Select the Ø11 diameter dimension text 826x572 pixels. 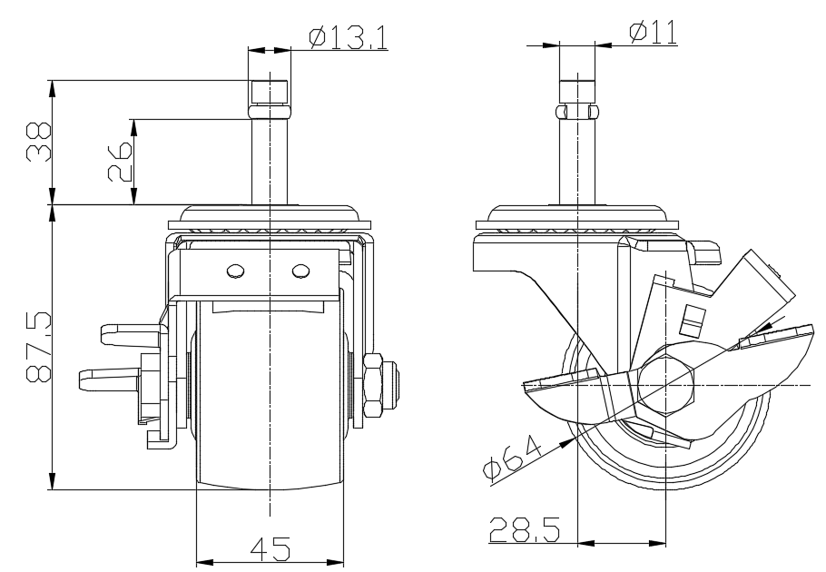pos(654,32)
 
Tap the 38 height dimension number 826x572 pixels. pos(38,142)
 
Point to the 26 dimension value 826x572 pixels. pos(120,162)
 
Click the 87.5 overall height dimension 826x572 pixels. pos(38,346)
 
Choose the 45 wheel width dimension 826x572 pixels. pos(270,549)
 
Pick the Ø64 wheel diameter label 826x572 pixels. pos(512,458)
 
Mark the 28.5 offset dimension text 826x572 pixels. pos(525,529)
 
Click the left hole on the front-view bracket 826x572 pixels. pos(235,271)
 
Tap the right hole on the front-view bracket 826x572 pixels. pos(300,271)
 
